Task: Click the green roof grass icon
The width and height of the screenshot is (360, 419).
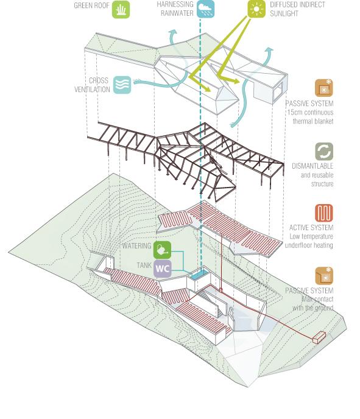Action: tap(121, 10)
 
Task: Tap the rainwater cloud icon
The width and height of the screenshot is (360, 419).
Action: tap(205, 9)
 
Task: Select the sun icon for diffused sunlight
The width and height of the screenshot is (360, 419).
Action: tap(256, 9)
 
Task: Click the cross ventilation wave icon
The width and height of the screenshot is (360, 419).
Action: tap(122, 85)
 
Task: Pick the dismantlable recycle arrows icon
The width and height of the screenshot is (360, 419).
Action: tap(324, 152)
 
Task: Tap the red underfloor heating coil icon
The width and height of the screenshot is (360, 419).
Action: tap(324, 213)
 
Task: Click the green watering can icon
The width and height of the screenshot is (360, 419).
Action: tap(162, 250)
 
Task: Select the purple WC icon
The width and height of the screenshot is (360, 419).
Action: tap(162, 269)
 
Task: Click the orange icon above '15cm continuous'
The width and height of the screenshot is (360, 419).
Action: tap(324, 88)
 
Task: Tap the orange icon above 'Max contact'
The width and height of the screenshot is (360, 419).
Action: tap(324, 275)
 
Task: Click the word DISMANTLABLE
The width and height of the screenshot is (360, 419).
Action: tap(312, 166)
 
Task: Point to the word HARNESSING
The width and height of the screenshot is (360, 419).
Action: tap(175, 4)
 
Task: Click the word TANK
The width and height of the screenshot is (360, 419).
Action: tap(144, 265)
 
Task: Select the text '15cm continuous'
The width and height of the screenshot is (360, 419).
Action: tap(310, 112)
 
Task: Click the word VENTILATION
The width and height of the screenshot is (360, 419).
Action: tap(92, 90)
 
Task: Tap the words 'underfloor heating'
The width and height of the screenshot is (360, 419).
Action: tap(309, 245)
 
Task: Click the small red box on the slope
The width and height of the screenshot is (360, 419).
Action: tap(319, 337)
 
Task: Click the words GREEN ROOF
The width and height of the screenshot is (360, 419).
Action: tap(91, 5)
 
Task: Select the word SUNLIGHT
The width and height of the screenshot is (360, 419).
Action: tap(284, 13)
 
